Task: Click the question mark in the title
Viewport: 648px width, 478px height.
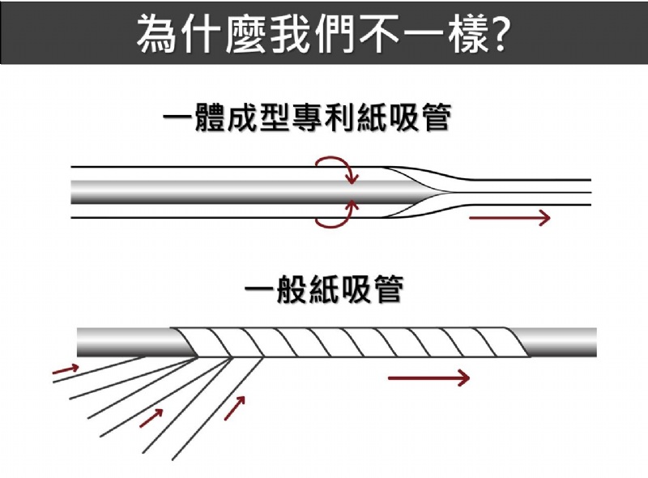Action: tap(500, 32)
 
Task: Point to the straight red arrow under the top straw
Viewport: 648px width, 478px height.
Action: tap(509, 217)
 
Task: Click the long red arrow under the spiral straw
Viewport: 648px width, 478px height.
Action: tap(428, 378)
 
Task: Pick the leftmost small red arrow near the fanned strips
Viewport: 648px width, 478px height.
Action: tap(66, 370)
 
